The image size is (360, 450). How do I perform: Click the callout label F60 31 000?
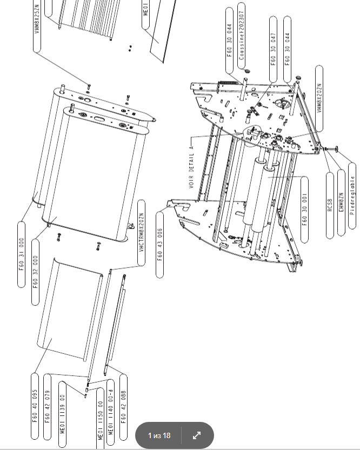coord(22,254)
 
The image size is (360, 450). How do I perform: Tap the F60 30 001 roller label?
coord(304,201)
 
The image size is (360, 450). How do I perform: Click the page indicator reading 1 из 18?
coord(159,435)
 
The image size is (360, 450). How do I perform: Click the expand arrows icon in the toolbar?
coord(197,435)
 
